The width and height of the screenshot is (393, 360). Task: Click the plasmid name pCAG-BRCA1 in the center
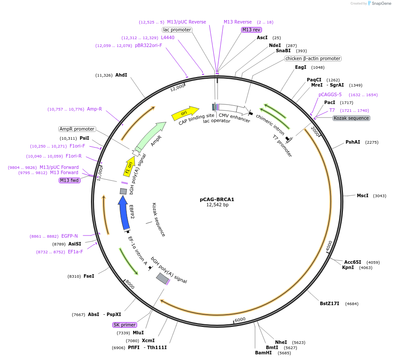pyautogui.click(x=217, y=199)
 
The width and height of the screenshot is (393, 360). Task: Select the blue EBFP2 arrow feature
pyautogui.click(x=124, y=213)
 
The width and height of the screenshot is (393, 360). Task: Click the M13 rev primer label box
pyautogui.click(x=251, y=30)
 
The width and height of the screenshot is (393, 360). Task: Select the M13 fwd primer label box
pyautogui.click(x=70, y=180)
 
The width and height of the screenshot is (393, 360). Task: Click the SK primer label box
pyautogui.click(x=124, y=325)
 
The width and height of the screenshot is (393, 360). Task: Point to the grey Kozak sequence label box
pyautogui.click(x=351, y=118)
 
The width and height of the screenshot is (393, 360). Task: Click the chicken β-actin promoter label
pyautogui.click(x=312, y=58)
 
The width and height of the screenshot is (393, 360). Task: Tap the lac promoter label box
pyautogui.click(x=177, y=30)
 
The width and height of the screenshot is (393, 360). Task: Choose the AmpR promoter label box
pyautogui.click(x=77, y=129)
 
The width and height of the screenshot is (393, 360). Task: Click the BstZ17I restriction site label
pyautogui.click(x=329, y=303)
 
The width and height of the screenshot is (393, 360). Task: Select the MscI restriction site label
pyautogui.click(x=363, y=195)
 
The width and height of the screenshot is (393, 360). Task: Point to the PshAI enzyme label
pyautogui.click(x=353, y=142)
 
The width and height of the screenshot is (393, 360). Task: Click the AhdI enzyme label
pyautogui.click(x=121, y=75)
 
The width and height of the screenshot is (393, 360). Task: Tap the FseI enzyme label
pyautogui.click(x=89, y=276)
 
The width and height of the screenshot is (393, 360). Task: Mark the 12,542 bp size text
pyautogui.click(x=217, y=205)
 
